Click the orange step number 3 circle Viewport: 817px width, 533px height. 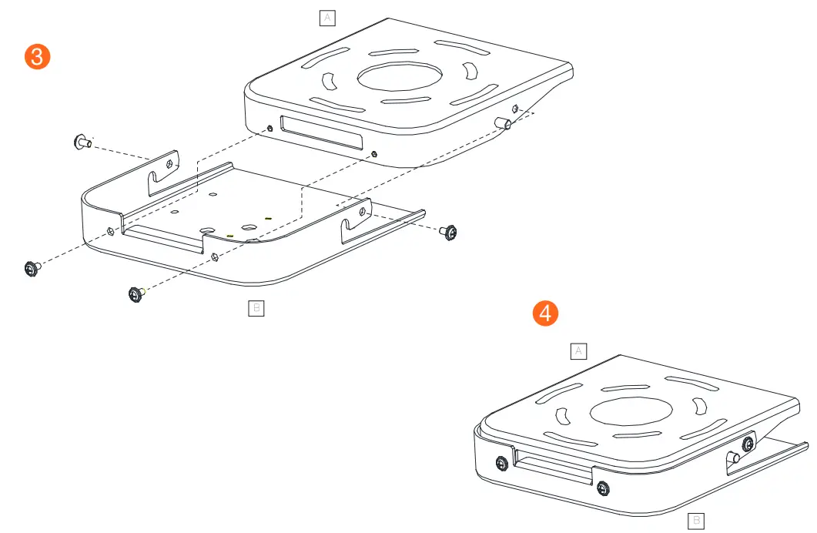click(x=37, y=58)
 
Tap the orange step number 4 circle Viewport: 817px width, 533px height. click(x=545, y=313)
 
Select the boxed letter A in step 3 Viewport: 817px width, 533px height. click(x=327, y=18)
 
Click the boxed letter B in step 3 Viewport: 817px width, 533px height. click(x=256, y=308)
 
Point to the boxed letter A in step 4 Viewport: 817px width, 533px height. click(x=578, y=351)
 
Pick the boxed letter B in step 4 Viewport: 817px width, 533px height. click(x=695, y=521)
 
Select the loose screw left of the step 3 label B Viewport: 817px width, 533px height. click(x=136, y=293)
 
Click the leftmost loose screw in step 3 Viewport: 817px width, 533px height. click(x=32, y=268)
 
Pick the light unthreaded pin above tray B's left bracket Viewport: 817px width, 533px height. click(x=81, y=141)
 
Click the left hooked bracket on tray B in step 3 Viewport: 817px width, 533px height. click(x=164, y=173)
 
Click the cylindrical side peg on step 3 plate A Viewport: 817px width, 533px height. click(x=504, y=123)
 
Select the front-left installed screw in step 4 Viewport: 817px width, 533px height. click(x=501, y=463)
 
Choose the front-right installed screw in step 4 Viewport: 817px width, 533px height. click(x=602, y=487)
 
